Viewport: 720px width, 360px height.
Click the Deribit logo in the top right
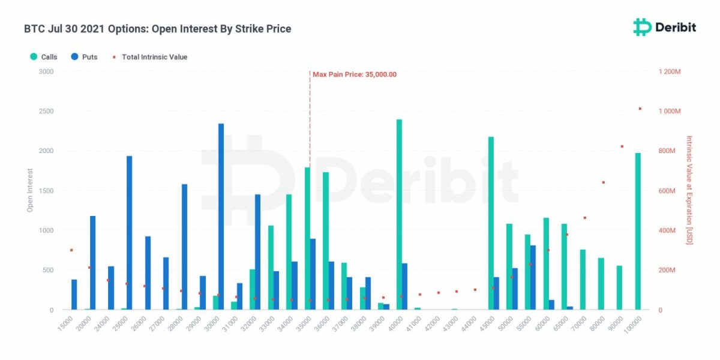pyautogui.click(x=665, y=27)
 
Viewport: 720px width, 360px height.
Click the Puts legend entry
pyautogui.click(x=83, y=57)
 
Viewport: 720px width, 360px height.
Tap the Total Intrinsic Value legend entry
pyautogui.click(x=150, y=57)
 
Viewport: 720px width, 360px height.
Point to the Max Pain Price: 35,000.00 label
pyautogui.click(x=354, y=74)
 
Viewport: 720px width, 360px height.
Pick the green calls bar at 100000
pyautogui.click(x=638, y=231)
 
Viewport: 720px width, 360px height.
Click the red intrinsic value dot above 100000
pyautogui.click(x=640, y=109)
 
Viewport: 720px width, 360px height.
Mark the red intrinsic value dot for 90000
pyautogui.click(x=622, y=146)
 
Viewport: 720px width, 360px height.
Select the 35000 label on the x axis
pyautogui.click(x=306, y=324)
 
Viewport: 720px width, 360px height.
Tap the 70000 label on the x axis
pyautogui.click(x=580, y=324)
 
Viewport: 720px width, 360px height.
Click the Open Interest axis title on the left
pyautogui.click(x=29, y=190)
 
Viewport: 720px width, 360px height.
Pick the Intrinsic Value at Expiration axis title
pyautogui.click(x=689, y=190)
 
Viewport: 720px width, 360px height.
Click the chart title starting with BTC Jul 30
pyautogui.click(x=157, y=29)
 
